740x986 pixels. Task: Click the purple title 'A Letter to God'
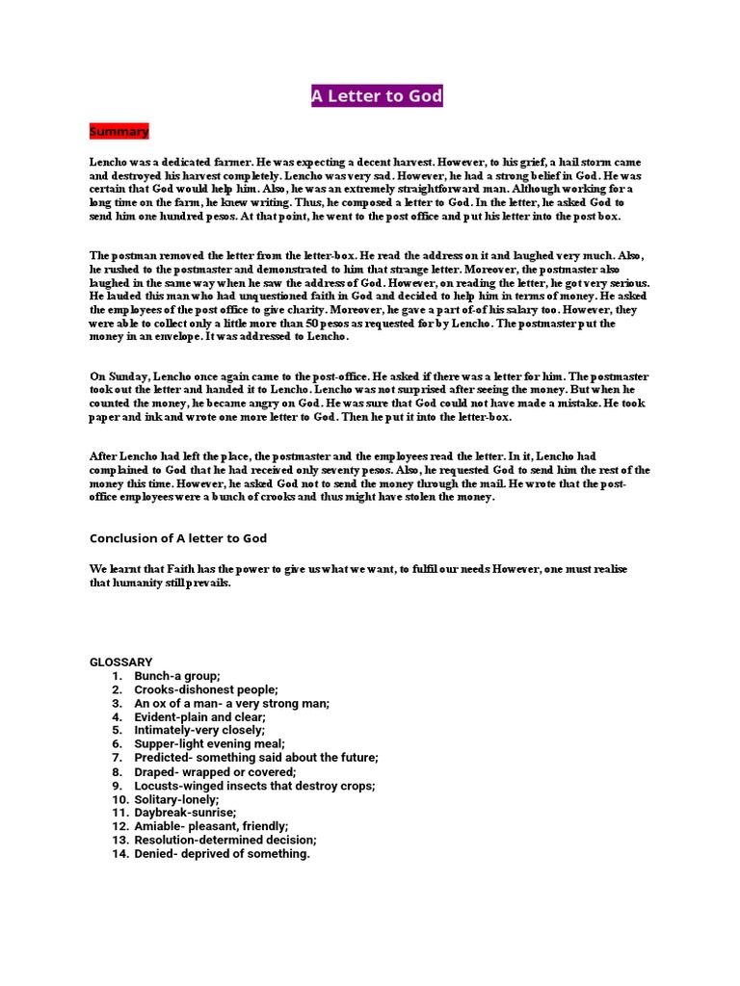(377, 96)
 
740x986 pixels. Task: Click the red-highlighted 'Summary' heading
(119, 131)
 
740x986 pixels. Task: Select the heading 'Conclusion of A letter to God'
(177, 537)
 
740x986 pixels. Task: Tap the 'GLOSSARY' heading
(121, 662)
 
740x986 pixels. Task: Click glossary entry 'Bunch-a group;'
(177, 677)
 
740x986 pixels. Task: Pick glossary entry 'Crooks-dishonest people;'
(206, 690)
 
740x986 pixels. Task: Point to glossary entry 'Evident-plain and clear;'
(199, 717)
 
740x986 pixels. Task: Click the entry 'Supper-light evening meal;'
(209, 744)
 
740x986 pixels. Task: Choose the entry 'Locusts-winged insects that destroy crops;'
(254, 786)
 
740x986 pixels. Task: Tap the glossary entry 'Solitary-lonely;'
(176, 799)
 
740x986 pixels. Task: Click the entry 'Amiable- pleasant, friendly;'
(211, 826)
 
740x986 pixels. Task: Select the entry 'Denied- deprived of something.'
(222, 853)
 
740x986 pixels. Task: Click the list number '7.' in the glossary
(116, 759)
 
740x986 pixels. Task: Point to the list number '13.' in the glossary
(119, 840)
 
